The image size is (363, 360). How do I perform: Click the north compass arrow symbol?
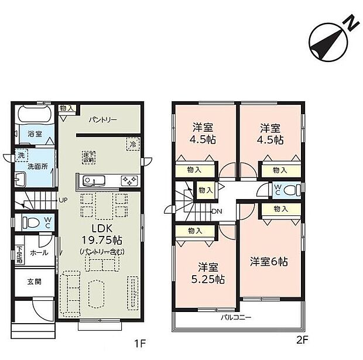[x=331, y=39]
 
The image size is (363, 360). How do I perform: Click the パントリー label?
[x=102, y=119]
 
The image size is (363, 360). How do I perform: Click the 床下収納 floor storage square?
[x=89, y=156]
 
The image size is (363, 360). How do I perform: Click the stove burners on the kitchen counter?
[x=129, y=180]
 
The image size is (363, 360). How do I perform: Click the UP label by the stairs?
[x=62, y=200]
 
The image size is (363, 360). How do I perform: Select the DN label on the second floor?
[x=217, y=211]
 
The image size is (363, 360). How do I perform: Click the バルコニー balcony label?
[x=236, y=318]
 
